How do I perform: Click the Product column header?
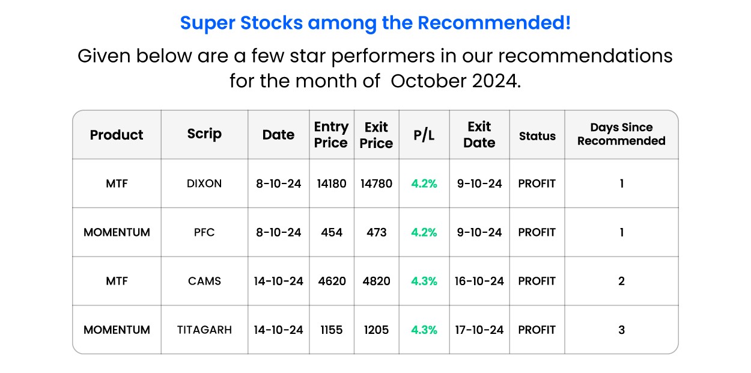(x=117, y=135)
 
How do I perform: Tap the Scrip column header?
(x=204, y=134)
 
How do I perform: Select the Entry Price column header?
(x=331, y=135)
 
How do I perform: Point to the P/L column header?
(x=424, y=135)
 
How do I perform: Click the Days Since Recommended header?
(x=621, y=134)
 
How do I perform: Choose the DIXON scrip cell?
(x=204, y=183)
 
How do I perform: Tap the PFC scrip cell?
(x=204, y=232)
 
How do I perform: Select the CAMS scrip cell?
(x=204, y=281)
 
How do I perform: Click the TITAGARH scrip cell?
(x=204, y=330)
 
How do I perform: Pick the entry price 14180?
(x=332, y=183)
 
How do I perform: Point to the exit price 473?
(x=376, y=232)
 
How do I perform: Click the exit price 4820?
(x=376, y=281)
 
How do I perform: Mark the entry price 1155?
(x=332, y=330)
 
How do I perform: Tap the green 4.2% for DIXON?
(x=424, y=183)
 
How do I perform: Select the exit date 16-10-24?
(x=479, y=281)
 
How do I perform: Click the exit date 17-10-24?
(x=479, y=330)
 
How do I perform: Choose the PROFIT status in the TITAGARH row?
(x=537, y=330)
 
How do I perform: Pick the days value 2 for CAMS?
(x=621, y=281)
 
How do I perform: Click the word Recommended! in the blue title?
(x=494, y=23)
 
